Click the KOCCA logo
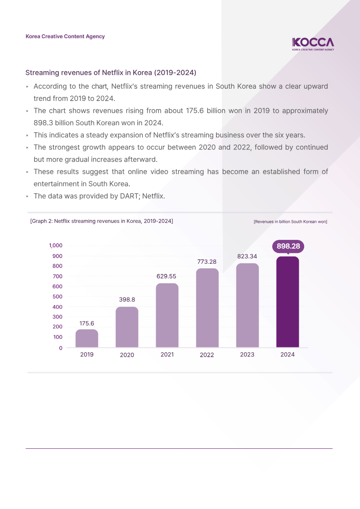point(313,44)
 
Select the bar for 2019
point(87,338)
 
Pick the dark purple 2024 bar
point(288,302)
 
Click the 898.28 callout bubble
point(288,247)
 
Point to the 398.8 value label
point(127,299)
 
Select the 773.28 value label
point(207,261)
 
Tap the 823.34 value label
point(247,256)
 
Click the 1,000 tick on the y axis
point(55,246)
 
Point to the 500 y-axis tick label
point(57,297)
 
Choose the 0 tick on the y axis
point(61,348)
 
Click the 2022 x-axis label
point(207,355)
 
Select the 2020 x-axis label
point(127,355)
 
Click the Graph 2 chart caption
point(101,221)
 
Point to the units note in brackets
point(290,221)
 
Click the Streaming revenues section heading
point(111,72)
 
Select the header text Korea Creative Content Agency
point(65,36)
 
